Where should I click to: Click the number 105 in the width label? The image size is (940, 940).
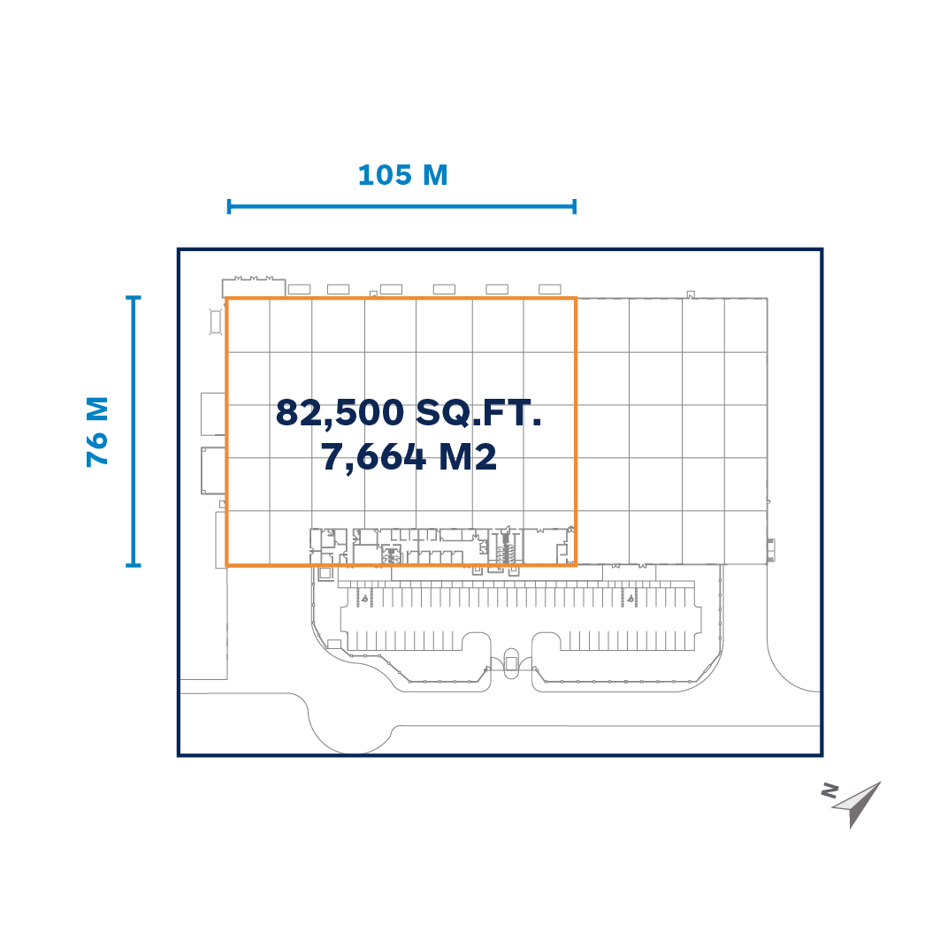pyautogui.click(x=385, y=175)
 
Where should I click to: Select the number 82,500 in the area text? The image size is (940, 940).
pyautogui.click(x=340, y=413)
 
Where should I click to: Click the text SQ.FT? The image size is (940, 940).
pyautogui.click(x=478, y=413)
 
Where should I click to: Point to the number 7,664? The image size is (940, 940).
pyautogui.click(x=373, y=457)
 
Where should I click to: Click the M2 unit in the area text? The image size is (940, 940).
pyautogui.click(x=468, y=457)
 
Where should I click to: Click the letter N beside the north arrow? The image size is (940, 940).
pyautogui.click(x=829, y=791)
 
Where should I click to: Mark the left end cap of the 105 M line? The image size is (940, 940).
pyautogui.click(x=229, y=207)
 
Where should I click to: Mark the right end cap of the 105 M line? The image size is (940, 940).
pyautogui.click(x=574, y=207)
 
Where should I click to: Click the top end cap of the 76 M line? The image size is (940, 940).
pyautogui.click(x=134, y=297)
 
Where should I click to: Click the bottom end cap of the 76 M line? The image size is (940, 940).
pyautogui.click(x=134, y=565)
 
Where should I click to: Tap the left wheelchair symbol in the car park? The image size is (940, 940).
pyautogui.click(x=364, y=598)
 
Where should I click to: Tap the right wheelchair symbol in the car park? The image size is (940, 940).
pyautogui.click(x=630, y=598)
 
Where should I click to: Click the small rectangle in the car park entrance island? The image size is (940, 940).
pyautogui.click(x=511, y=663)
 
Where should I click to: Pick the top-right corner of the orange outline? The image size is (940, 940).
pyautogui.click(x=576, y=298)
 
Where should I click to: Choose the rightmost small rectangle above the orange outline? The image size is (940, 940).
pyautogui.click(x=550, y=289)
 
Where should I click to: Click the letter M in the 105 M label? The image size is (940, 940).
pyautogui.click(x=435, y=175)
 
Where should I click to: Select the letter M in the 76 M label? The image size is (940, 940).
pyautogui.click(x=97, y=410)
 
